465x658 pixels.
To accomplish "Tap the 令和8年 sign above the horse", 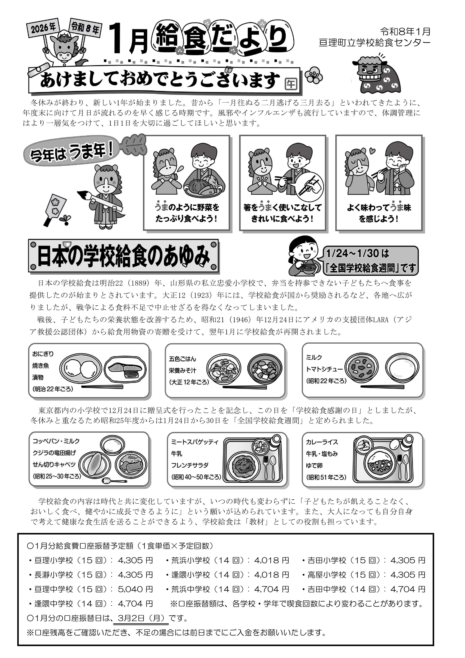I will click(x=85, y=27).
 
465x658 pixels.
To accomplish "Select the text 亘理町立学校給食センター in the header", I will click(x=374, y=43).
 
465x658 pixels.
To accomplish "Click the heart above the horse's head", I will click(x=372, y=150).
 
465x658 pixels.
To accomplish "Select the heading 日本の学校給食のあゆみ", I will click(x=123, y=256).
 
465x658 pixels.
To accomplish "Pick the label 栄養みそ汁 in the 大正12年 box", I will click(x=182, y=370).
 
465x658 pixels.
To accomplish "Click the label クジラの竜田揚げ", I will click(x=54, y=453).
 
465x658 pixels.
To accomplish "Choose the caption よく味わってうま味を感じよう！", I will click(x=379, y=213).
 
